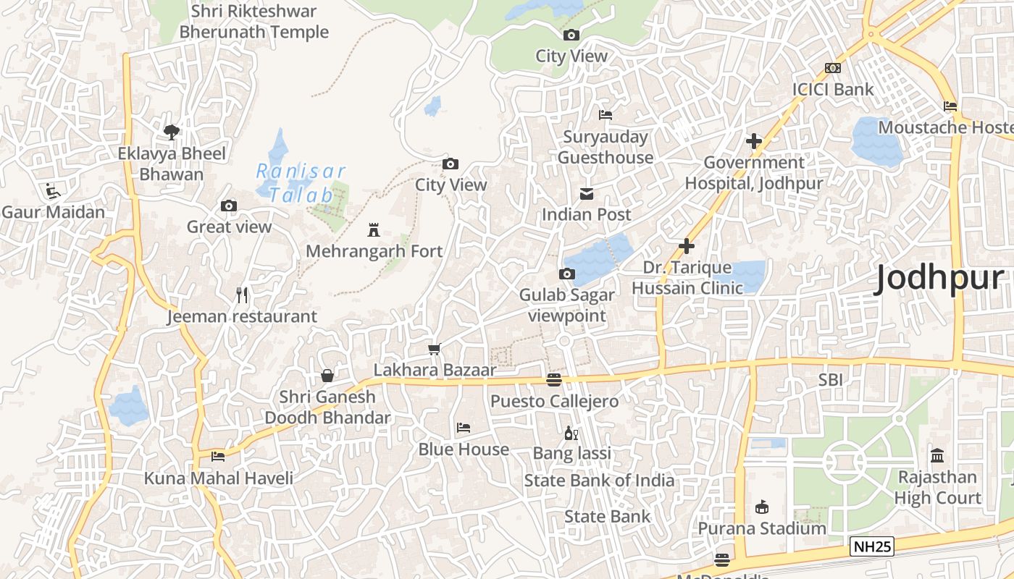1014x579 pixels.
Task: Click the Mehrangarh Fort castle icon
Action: coord(374,230)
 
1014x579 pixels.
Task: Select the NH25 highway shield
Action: coord(872,546)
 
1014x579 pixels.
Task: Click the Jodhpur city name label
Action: coord(939,278)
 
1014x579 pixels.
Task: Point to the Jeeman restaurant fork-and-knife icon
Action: coord(242,295)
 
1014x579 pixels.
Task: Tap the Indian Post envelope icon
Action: coord(586,193)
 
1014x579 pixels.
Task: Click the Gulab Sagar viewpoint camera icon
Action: coord(566,274)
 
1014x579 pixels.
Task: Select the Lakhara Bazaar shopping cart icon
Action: coord(434,349)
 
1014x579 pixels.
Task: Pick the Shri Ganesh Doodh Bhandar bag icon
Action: coord(327,375)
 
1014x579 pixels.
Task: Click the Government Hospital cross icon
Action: coord(753,141)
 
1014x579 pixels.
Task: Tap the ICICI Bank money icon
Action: coord(833,68)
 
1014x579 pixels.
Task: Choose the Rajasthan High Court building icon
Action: coord(937,456)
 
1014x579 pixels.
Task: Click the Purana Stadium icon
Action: coord(761,507)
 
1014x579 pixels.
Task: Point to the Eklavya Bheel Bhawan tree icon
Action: coord(172,132)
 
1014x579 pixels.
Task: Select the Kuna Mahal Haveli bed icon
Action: coord(218,456)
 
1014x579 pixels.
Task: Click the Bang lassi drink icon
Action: coord(571,433)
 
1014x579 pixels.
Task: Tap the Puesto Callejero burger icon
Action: coord(554,380)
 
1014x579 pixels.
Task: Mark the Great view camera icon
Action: coord(229,206)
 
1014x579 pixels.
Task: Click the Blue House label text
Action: coord(464,449)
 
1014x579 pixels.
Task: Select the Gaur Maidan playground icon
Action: coord(53,191)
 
